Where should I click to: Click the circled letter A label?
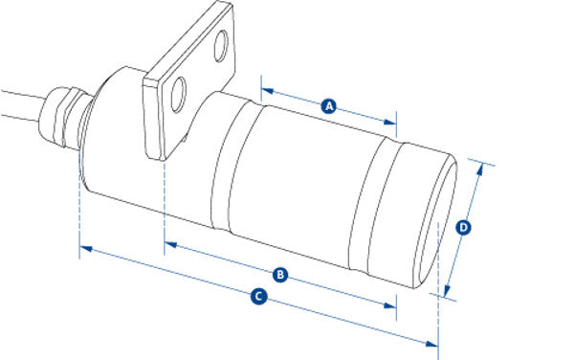tap(329, 106)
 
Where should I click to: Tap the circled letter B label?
tap(280, 274)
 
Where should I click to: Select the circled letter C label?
tap(259, 296)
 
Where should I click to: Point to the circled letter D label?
tap(463, 228)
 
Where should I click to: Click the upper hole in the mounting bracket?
tap(221, 46)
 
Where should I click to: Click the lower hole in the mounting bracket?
tap(179, 95)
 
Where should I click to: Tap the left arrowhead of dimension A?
tap(268, 90)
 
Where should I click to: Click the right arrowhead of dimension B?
tap(390, 305)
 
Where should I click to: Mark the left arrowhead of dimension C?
tap(86, 249)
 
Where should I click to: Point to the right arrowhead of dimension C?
tap(431, 344)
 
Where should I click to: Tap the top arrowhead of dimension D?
tap(480, 169)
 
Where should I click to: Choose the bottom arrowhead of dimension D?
tap(447, 290)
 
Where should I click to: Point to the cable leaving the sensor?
tap(22, 104)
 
